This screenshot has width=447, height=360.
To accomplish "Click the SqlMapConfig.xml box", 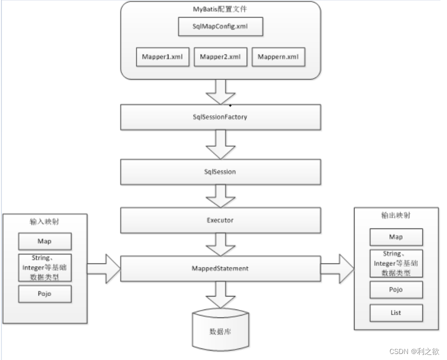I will (220, 27).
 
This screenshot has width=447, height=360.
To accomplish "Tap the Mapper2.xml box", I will (220, 57).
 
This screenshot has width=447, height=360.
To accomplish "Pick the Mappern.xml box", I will (278, 57).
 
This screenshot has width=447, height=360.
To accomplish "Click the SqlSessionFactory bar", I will (220, 117).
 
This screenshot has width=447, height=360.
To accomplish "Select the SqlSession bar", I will (220, 171).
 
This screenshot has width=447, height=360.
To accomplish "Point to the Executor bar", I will (220, 219).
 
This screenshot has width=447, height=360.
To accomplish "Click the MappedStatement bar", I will (220, 268).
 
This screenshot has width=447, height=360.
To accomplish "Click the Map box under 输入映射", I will (44, 241).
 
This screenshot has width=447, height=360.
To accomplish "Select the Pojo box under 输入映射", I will (44, 294).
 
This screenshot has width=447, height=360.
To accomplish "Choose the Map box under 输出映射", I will (396, 237).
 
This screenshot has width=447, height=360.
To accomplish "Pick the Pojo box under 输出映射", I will (396, 289).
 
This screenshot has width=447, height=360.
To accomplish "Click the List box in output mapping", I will (396, 313).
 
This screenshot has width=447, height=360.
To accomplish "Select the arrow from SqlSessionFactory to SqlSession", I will (220, 144).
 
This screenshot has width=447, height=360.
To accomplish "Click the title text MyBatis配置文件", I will (220, 9).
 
